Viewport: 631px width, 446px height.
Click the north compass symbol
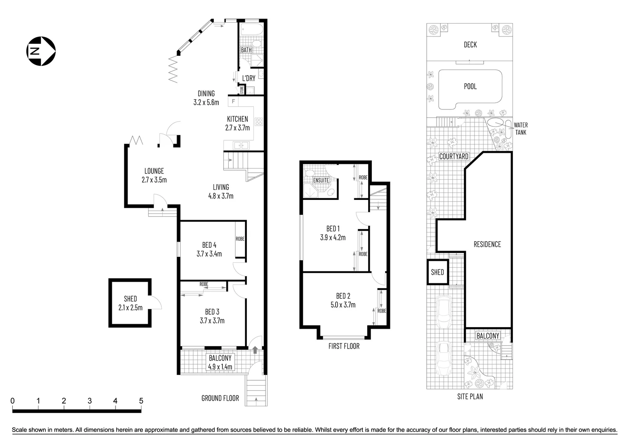click(x=41, y=51)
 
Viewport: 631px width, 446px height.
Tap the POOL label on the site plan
click(x=470, y=86)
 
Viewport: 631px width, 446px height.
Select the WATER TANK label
click(x=520, y=128)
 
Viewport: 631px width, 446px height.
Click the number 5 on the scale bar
click(x=141, y=401)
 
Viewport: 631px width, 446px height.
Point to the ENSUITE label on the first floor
click(x=321, y=180)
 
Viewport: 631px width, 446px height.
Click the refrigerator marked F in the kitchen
click(x=234, y=101)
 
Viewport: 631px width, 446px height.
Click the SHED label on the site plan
click(x=437, y=272)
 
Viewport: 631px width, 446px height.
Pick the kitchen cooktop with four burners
click(x=259, y=121)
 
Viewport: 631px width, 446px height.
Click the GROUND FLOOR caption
click(x=220, y=398)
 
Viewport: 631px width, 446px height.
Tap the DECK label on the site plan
click(x=470, y=45)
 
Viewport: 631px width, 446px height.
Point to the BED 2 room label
click(x=343, y=296)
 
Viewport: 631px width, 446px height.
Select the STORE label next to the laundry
click(x=241, y=90)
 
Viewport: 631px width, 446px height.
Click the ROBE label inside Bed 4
click(x=240, y=239)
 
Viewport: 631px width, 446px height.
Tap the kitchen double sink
click(x=241, y=145)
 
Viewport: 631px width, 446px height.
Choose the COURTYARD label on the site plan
click(x=454, y=157)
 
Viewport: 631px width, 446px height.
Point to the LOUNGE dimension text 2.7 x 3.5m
click(x=154, y=180)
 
